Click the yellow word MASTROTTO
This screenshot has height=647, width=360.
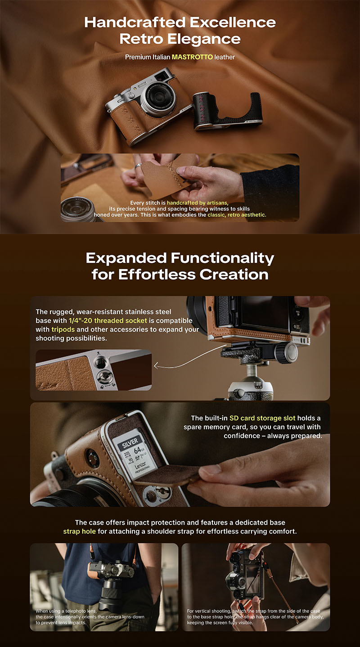192,57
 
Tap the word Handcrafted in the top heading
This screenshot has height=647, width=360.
135,22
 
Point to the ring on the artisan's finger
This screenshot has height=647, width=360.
138,166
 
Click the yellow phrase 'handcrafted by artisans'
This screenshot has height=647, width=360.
198,203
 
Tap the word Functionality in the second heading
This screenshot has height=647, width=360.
222,258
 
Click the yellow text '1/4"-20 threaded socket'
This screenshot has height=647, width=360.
108,321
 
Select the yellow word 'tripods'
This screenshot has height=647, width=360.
63,329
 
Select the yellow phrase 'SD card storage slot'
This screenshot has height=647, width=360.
262,418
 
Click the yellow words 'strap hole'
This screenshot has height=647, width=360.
80,531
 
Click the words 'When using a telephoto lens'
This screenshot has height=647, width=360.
66,611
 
